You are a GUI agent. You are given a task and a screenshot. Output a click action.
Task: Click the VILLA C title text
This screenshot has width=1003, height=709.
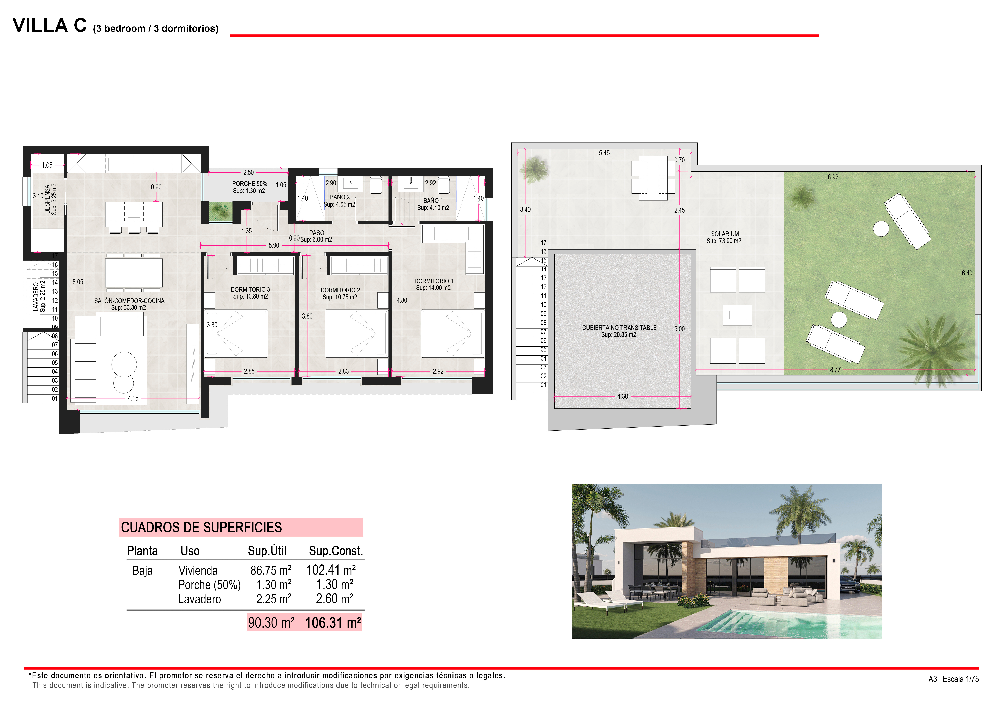pyautogui.click(x=49, y=25)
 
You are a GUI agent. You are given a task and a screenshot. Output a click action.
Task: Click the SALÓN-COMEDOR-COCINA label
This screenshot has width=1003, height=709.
pyautogui.click(x=129, y=301)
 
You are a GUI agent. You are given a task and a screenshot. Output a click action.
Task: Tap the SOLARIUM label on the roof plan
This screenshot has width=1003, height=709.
pyautogui.click(x=725, y=234)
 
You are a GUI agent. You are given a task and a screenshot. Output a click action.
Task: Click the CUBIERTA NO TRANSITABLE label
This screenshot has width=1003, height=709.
pyautogui.click(x=619, y=328)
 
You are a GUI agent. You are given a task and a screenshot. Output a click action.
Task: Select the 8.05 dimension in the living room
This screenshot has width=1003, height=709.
pyautogui.click(x=78, y=282)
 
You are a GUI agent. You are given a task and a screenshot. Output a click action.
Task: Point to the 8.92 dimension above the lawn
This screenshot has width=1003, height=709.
pyautogui.click(x=833, y=177)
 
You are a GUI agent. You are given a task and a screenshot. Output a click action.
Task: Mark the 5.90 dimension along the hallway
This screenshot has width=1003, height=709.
pyautogui.click(x=274, y=246)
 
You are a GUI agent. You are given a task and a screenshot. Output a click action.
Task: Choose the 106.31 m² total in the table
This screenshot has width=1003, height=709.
pyautogui.click(x=333, y=622)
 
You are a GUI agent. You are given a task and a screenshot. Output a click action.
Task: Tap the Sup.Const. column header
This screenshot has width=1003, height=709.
pyautogui.click(x=335, y=551)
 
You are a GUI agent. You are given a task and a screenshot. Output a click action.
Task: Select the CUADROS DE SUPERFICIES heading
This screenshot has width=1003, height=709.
pyautogui.click(x=201, y=527)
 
